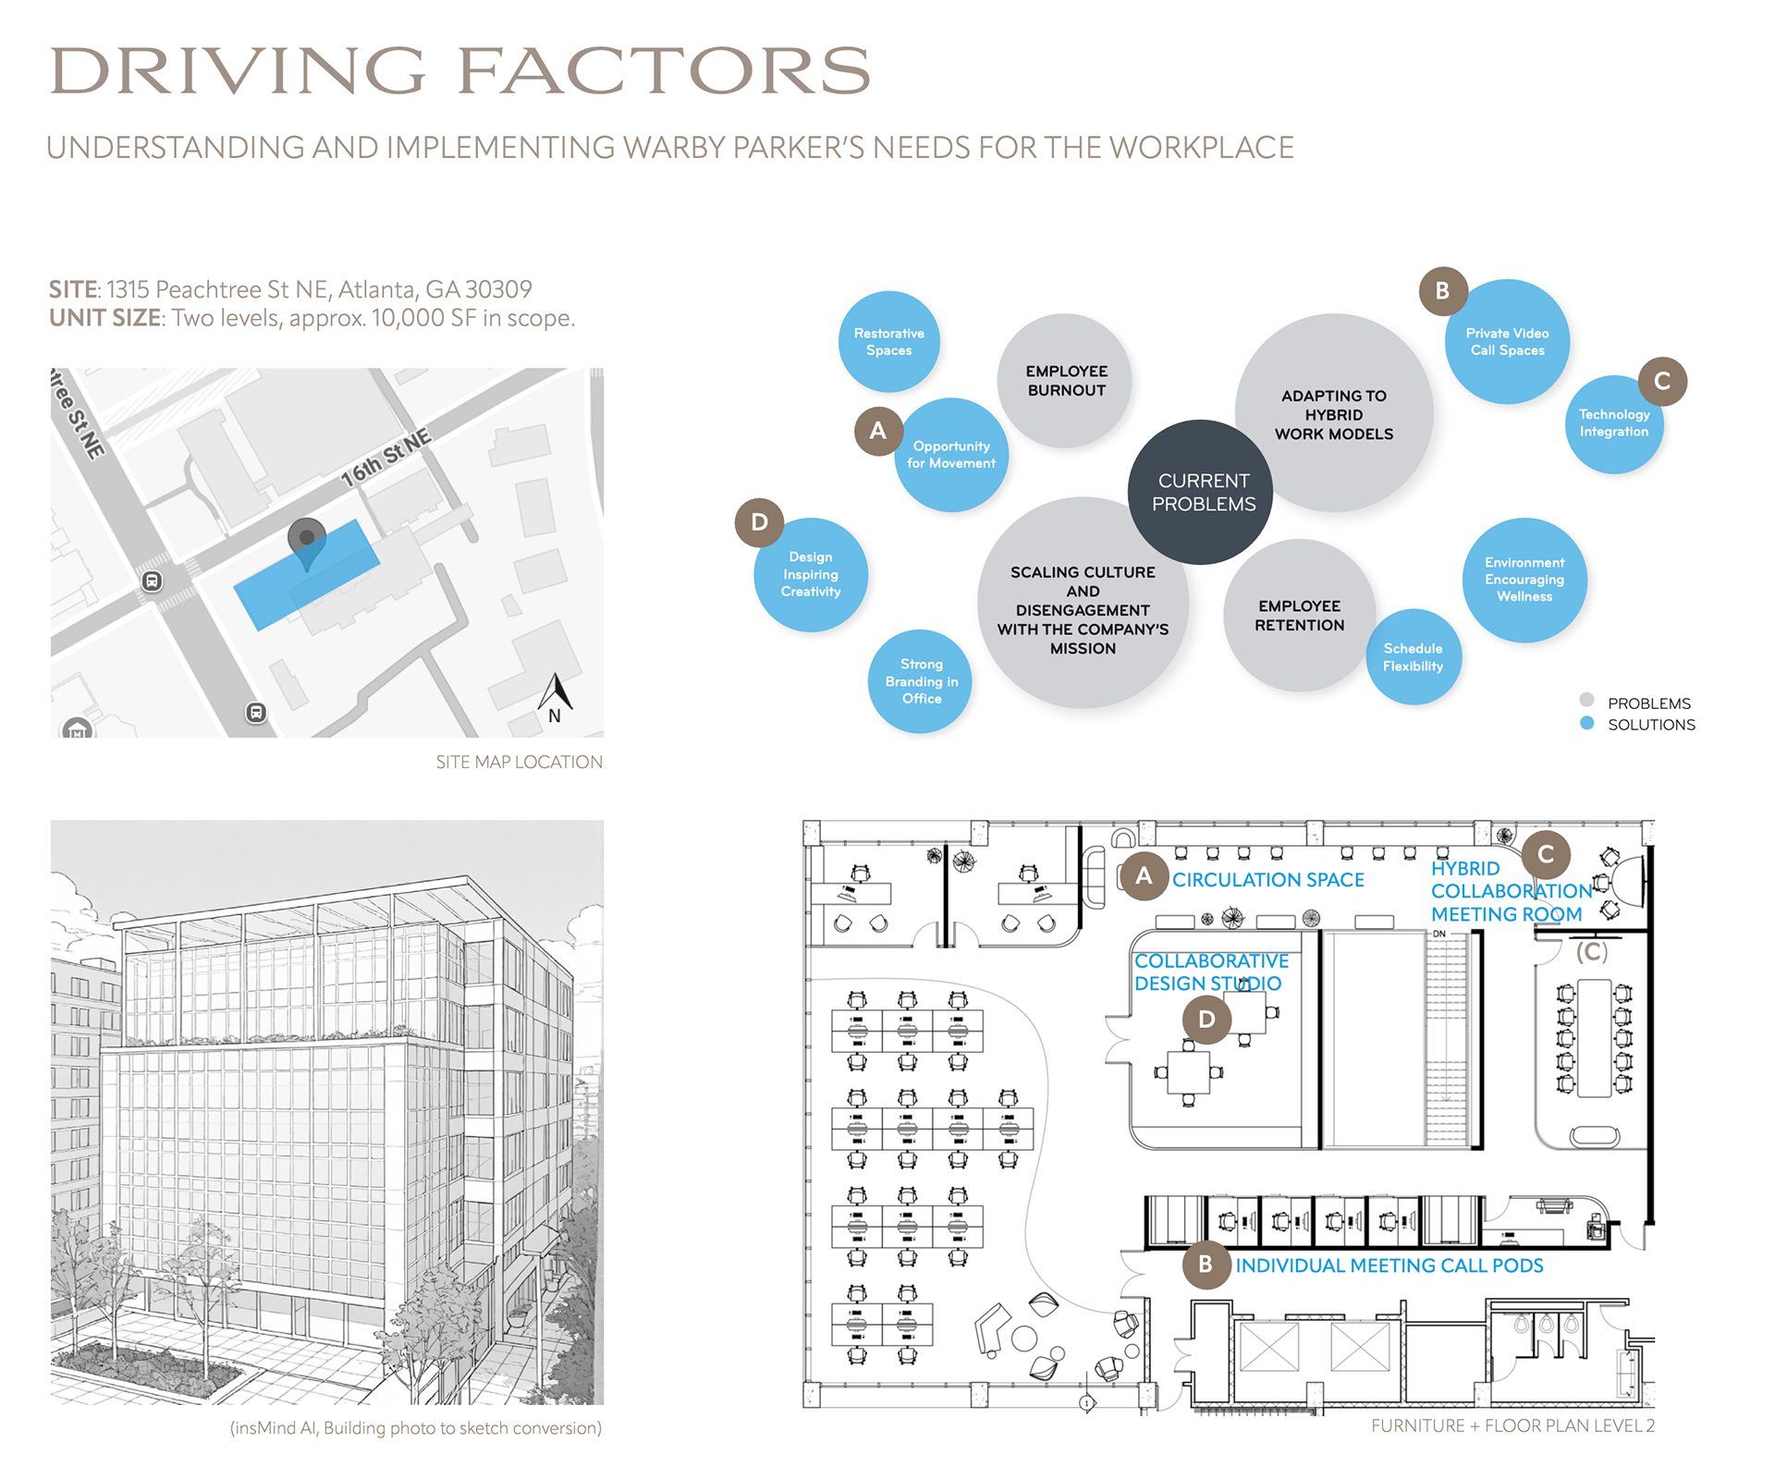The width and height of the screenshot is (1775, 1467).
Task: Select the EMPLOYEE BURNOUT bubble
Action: pyautogui.click(x=1065, y=380)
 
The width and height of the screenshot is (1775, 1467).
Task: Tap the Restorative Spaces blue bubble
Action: pyautogui.click(x=888, y=341)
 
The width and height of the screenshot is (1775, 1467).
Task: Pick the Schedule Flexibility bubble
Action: pyautogui.click(x=1413, y=657)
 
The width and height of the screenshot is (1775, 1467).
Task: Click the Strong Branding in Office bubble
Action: pyautogui.click(x=921, y=681)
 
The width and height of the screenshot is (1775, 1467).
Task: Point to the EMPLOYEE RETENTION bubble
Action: pyautogui.click(x=1299, y=615)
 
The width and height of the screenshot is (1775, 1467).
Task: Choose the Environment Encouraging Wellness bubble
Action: pyautogui.click(x=1524, y=580)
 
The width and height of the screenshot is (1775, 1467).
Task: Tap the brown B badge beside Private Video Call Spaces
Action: pyautogui.click(x=1442, y=291)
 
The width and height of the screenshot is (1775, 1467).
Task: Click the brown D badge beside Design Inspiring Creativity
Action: pyautogui.click(x=759, y=522)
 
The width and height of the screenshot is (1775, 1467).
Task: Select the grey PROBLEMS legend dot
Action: pyautogui.click(x=1586, y=700)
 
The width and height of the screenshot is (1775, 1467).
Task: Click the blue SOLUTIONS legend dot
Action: pyautogui.click(x=1586, y=724)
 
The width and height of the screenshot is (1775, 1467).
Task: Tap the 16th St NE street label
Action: pyautogui.click(x=386, y=458)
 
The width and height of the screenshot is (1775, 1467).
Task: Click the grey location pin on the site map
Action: pyautogui.click(x=307, y=541)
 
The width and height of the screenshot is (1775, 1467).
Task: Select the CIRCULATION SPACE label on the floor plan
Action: pyautogui.click(x=1267, y=880)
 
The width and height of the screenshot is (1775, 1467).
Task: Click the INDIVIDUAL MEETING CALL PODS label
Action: pyautogui.click(x=1389, y=1265)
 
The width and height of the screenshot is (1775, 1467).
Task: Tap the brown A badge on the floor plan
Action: pyautogui.click(x=1144, y=875)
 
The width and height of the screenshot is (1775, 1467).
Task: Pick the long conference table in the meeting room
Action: pyautogui.click(x=1594, y=1037)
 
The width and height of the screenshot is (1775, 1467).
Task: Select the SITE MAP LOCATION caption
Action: pyautogui.click(x=519, y=762)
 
